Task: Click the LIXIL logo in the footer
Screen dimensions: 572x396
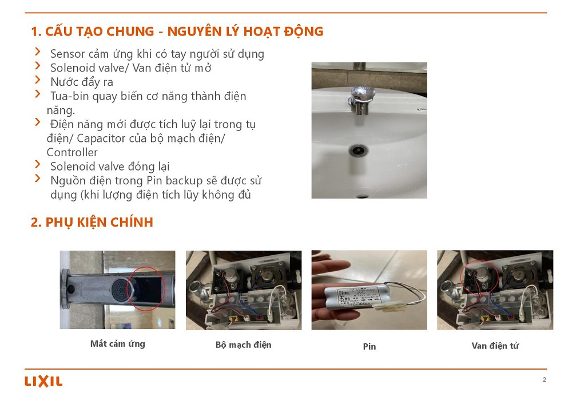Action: coord(43,381)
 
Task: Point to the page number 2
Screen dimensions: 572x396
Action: coord(545,379)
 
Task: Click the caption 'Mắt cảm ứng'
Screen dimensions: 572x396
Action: coord(117,344)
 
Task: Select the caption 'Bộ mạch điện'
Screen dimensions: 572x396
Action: coord(243,345)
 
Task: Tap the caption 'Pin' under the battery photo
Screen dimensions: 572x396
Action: coord(369,346)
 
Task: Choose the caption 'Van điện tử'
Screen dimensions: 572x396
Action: coord(495,346)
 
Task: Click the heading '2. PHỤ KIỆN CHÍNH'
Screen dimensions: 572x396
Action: coord(92,222)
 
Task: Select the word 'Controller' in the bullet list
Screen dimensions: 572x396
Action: coord(72,153)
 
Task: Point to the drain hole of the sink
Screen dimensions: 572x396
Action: coord(358,149)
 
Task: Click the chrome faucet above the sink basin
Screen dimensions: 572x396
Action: coord(360,98)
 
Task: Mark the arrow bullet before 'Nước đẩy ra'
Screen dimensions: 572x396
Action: coord(38,80)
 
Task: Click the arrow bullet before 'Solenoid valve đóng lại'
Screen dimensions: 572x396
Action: coord(38,164)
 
